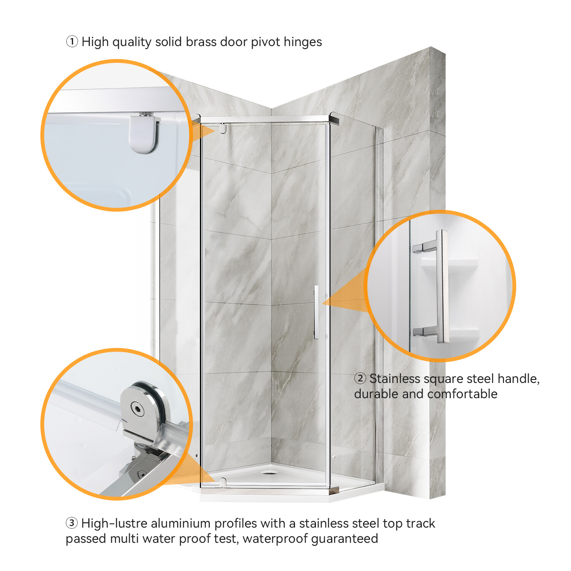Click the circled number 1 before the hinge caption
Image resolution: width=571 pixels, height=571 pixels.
(72, 41)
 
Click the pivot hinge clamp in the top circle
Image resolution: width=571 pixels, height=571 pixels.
(143, 134)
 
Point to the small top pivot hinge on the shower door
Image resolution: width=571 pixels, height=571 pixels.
(223, 128)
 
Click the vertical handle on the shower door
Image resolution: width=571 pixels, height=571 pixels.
(316, 312)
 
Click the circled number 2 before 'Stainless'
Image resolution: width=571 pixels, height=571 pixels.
(360, 379)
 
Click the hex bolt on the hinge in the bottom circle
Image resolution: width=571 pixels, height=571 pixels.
(137, 409)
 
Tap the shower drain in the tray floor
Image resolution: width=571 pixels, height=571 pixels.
(270, 473)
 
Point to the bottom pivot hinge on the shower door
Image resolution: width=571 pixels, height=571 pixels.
(223, 482)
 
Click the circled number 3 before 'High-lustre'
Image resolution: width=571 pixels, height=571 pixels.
(72, 523)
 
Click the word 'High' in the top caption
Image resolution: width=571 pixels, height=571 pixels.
(95, 41)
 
